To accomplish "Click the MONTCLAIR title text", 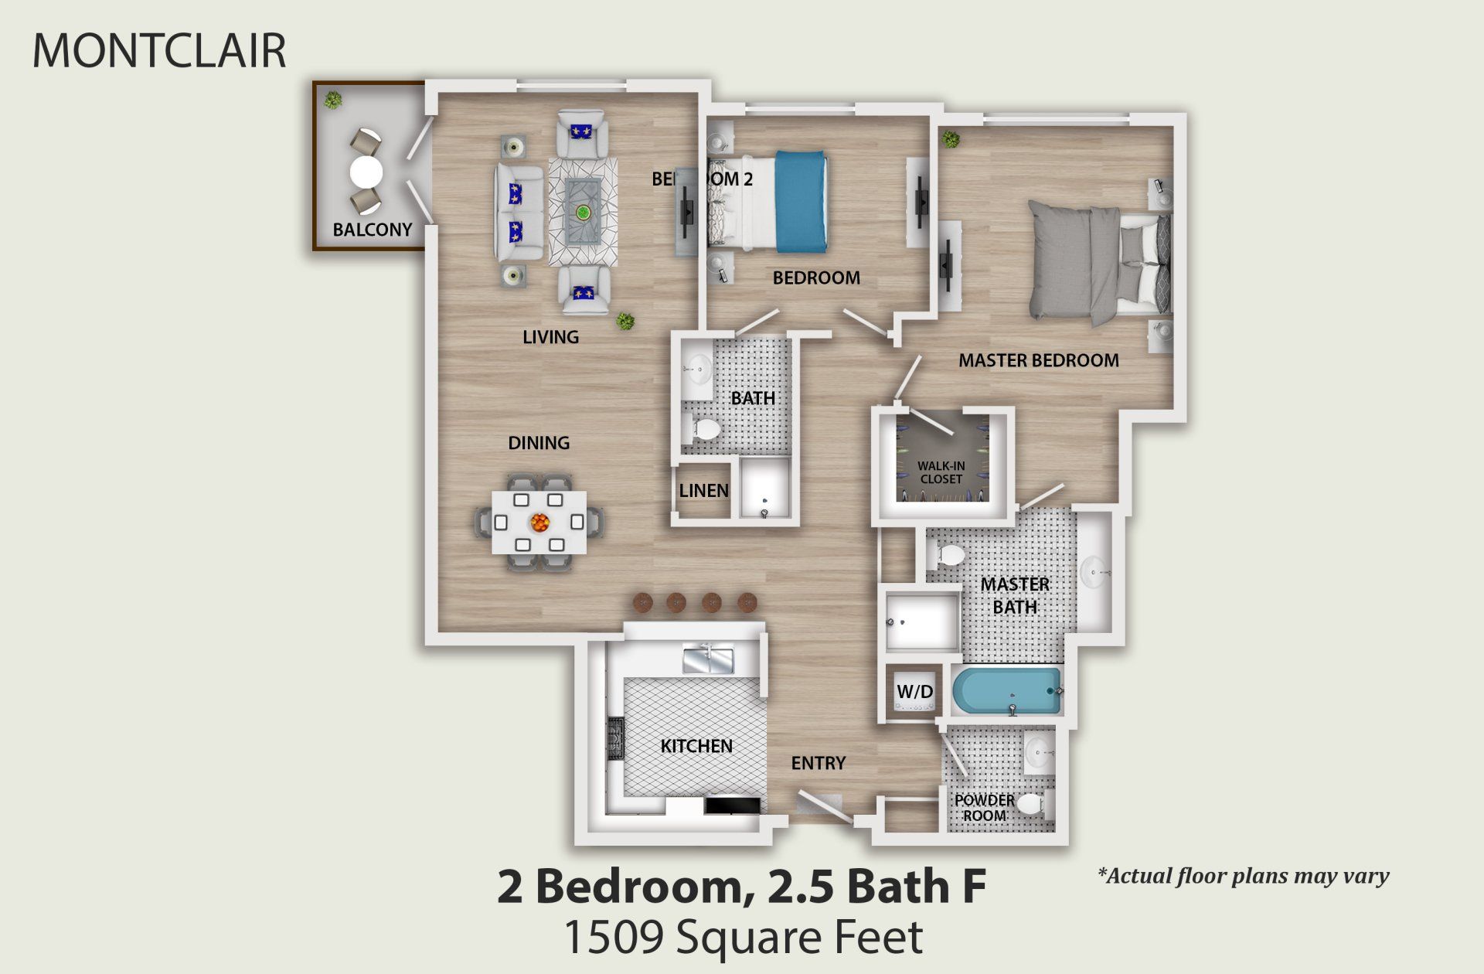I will click(x=159, y=51).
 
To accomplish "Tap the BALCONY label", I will click(x=372, y=230).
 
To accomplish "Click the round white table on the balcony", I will click(x=366, y=172).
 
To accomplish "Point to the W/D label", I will click(x=914, y=692).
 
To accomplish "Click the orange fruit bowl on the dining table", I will click(x=539, y=523).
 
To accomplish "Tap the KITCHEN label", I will click(x=696, y=746).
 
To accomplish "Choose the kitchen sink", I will click(x=707, y=659).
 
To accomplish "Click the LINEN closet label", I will click(x=703, y=491).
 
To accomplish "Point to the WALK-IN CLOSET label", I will click(x=941, y=472).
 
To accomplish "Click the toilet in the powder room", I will click(x=1030, y=805).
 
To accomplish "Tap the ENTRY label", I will click(x=818, y=764).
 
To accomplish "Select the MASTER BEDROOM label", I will click(x=1038, y=360).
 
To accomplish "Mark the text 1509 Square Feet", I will click(x=743, y=937).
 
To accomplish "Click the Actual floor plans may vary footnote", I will click(x=1243, y=876).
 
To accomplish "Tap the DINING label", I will click(x=539, y=443).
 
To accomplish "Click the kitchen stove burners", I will click(x=616, y=739).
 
